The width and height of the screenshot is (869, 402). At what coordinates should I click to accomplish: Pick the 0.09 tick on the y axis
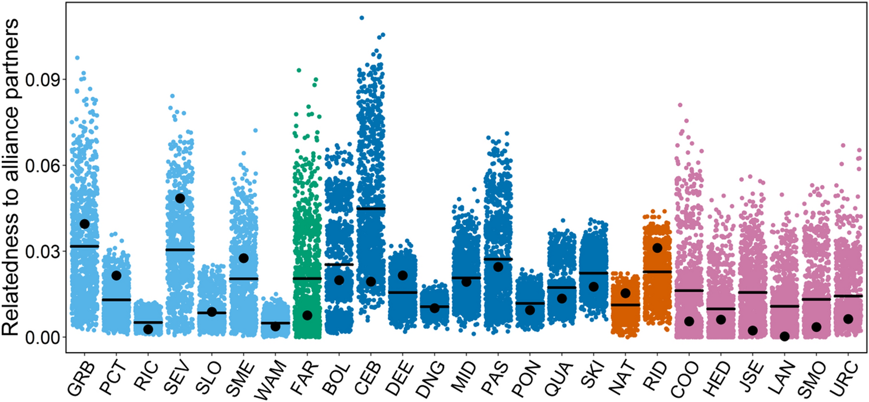(49, 79)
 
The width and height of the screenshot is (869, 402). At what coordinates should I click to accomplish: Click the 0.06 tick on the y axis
(49, 165)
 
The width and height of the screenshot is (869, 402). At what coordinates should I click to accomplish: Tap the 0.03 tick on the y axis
(49, 251)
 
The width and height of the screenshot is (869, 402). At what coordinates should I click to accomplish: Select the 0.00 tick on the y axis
(49, 337)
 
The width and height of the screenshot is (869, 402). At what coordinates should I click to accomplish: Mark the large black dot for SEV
(180, 198)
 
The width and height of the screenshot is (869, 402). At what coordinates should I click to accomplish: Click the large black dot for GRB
(85, 224)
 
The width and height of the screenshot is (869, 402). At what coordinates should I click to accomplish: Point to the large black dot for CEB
(371, 282)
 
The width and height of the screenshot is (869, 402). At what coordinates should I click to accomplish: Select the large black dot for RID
(657, 248)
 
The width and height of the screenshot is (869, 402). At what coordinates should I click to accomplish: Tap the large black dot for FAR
(307, 315)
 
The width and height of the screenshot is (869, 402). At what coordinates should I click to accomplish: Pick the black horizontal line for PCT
(117, 299)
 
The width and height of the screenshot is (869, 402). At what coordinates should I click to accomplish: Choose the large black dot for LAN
(785, 336)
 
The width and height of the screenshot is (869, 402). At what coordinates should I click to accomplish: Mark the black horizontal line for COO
(689, 290)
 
